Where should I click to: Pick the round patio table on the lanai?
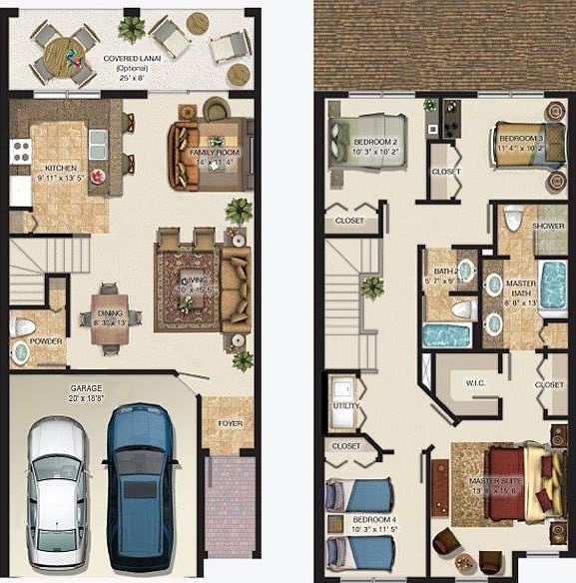tap(62, 50)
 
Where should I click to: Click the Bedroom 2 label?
tap(375, 142)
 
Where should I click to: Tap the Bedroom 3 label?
tap(520, 137)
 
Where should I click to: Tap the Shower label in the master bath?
tap(548, 226)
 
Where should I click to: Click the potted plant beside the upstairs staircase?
tap(372, 288)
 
